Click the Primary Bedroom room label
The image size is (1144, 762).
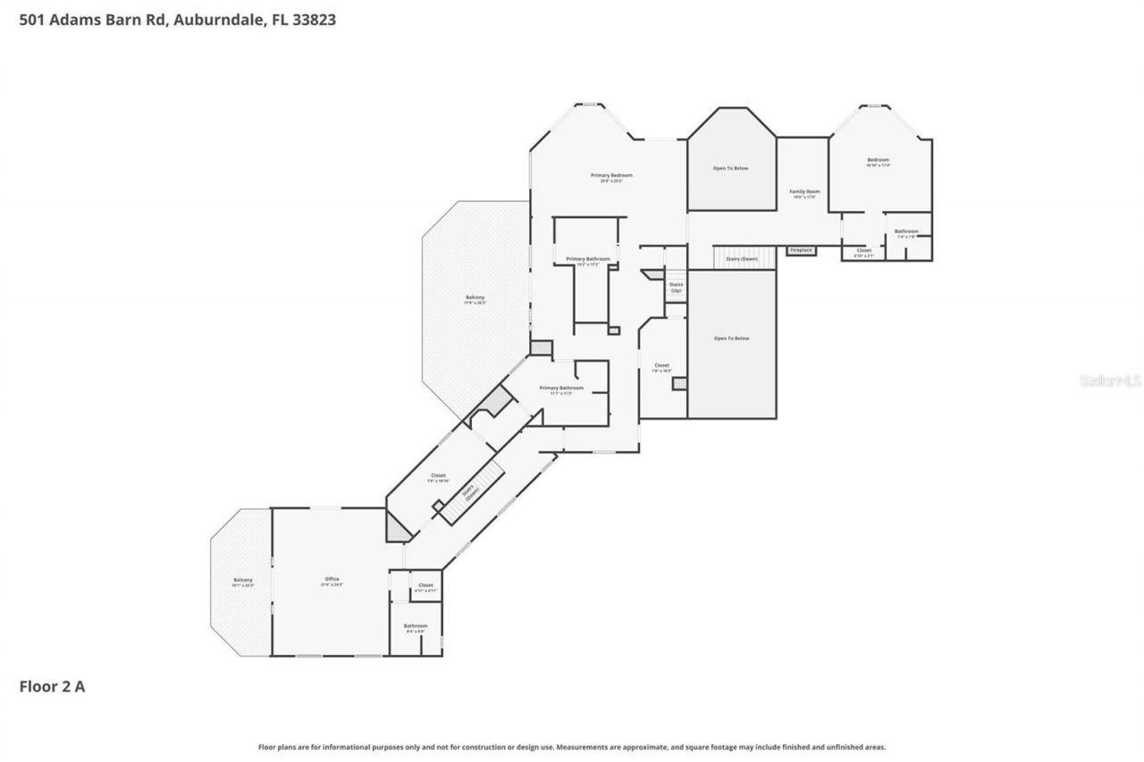[x=611, y=177]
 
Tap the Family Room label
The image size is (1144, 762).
[x=804, y=194]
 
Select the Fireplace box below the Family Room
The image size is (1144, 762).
[x=801, y=250]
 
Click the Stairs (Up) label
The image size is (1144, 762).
[x=676, y=288]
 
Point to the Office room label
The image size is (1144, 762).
[x=332, y=582]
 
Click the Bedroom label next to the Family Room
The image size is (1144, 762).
[x=878, y=162]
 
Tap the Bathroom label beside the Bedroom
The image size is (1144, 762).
[x=906, y=233]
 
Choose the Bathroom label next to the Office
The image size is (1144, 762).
[x=415, y=628]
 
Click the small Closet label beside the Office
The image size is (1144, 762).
[x=425, y=587]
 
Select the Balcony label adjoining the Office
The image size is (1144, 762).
[x=243, y=582]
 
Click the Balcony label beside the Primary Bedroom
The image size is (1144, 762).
[x=475, y=299]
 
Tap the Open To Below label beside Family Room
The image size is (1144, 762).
[x=730, y=168]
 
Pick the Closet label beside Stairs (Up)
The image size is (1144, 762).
[x=661, y=367]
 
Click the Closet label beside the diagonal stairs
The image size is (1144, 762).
[x=438, y=477]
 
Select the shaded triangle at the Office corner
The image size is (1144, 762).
[x=396, y=527]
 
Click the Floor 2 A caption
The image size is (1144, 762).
[x=52, y=686]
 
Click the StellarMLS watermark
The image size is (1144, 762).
[x=1110, y=381]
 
